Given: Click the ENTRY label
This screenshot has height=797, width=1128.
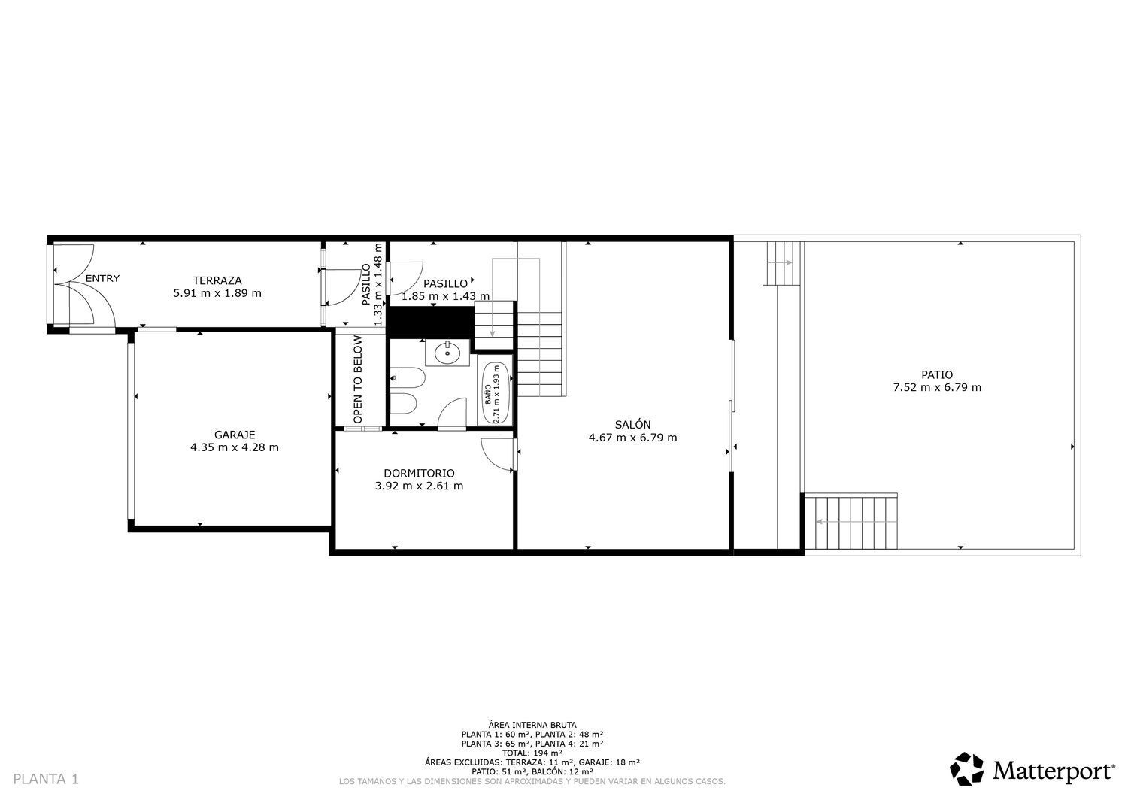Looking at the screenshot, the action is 102,278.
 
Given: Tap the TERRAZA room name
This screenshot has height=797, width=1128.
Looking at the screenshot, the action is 217,280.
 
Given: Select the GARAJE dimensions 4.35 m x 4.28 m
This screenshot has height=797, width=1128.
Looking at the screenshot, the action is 234,447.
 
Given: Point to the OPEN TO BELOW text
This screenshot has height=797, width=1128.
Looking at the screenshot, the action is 358,379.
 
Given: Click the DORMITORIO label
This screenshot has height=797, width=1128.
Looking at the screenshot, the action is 419,473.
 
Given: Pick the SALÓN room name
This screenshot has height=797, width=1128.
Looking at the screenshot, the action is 632,424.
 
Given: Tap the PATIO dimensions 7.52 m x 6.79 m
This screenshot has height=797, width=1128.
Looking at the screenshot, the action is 937,387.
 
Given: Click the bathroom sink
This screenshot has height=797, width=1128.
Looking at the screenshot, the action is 447,353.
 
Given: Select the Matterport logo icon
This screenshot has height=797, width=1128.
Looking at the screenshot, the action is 966,769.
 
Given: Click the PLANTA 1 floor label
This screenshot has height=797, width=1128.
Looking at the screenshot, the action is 46,780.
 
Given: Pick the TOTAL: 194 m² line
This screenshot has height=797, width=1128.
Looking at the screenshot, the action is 532,753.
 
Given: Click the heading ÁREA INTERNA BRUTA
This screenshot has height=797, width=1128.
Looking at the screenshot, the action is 532,725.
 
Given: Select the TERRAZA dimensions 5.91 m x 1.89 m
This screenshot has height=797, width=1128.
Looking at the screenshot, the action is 217,293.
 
